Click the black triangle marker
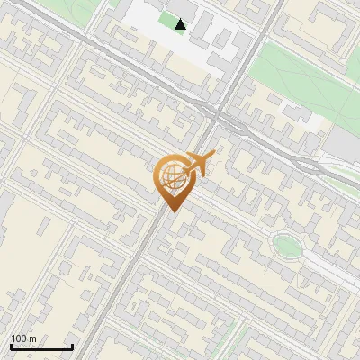coord(181,24)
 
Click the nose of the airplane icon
coord(213,157)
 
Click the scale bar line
coord(41,346)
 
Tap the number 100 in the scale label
coord(19,338)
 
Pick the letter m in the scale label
coord(32,338)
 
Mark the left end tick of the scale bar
coord(11,345)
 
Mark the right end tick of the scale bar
coord(72,345)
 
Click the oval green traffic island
coord(286,244)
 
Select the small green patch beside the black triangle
coord(166,20)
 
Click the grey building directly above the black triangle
coord(181,7)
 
